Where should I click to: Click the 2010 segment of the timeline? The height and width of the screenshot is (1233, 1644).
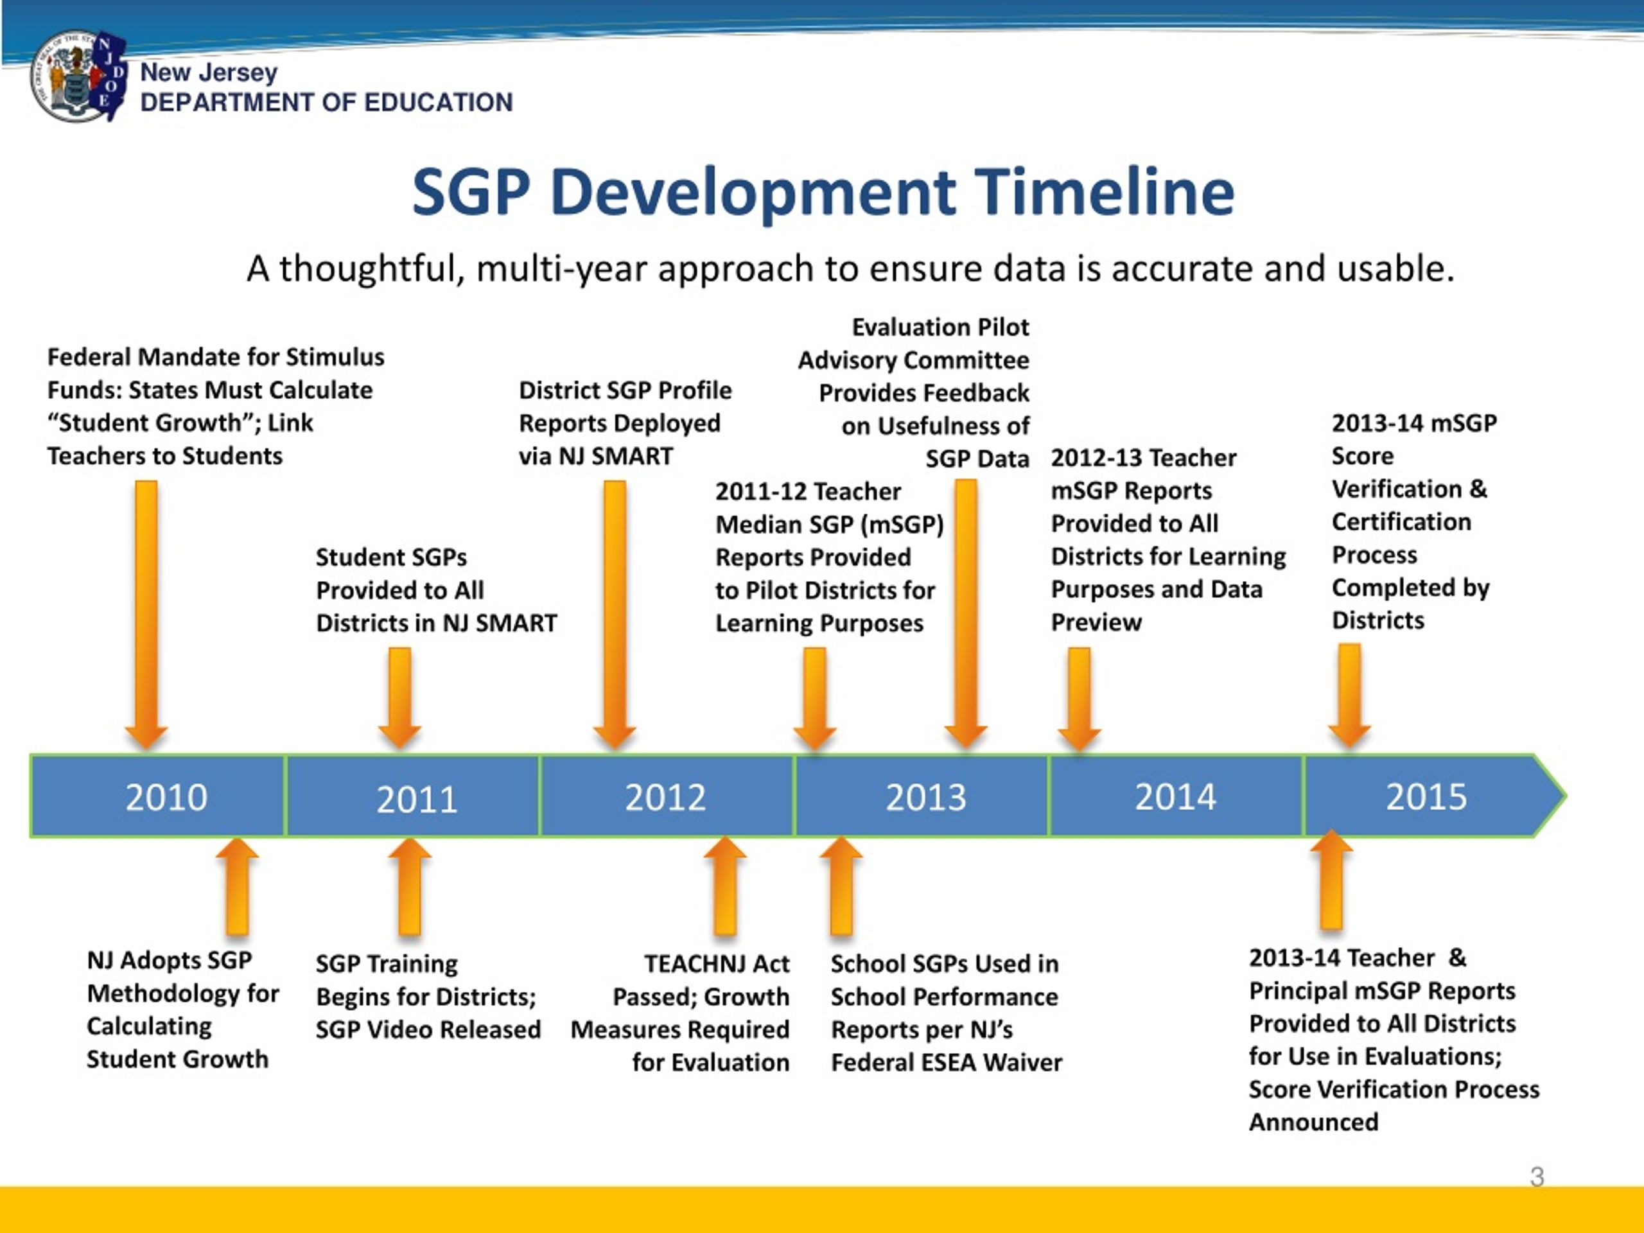click(157, 796)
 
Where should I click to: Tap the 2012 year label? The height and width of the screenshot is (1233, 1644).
click(665, 798)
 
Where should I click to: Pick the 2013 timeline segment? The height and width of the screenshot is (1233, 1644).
click(922, 796)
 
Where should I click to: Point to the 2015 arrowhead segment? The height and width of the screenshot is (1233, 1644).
click(1435, 796)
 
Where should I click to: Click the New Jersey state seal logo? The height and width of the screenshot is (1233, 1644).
click(78, 76)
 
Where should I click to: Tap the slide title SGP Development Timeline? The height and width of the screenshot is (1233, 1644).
click(823, 192)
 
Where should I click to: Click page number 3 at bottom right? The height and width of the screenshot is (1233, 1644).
click(1537, 1176)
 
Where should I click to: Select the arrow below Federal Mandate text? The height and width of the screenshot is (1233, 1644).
click(146, 615)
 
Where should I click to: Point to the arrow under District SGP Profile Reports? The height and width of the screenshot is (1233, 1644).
click(615, 615)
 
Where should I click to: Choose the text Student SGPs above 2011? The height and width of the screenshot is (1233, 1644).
click(391, 557)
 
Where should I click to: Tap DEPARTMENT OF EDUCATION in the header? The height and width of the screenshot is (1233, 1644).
click(326, 102)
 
